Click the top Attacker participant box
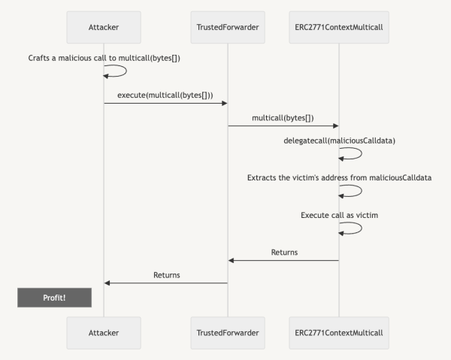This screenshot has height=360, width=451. point(104,27)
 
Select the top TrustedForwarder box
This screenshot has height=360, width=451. point(227,27)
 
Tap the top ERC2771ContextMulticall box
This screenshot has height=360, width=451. point(338,27)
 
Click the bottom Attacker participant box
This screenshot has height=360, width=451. point(104,331)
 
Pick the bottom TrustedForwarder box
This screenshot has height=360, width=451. point(227,331)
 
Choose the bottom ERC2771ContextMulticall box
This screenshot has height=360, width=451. point(338,331)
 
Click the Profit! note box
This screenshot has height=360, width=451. point(54,298)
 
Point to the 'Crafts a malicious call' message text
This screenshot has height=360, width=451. point(104,57)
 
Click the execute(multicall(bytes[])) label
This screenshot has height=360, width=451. point(165,95)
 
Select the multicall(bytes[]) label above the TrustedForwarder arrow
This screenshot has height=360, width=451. point(283,117)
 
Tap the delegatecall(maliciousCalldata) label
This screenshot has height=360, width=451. point(338,140)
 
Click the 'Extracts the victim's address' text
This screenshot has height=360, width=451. point(338,177)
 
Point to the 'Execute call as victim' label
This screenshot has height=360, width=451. point(338,215)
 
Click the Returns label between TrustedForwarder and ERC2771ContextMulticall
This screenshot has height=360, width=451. point(284,253)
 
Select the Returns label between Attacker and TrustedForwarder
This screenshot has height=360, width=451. point(166,275)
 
